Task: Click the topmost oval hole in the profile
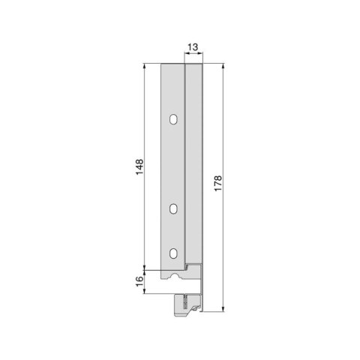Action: point(173,119)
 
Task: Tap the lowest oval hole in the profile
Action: point(173,253)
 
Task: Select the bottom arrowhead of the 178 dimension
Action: point(223,309)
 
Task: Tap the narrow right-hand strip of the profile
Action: point(193,165)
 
